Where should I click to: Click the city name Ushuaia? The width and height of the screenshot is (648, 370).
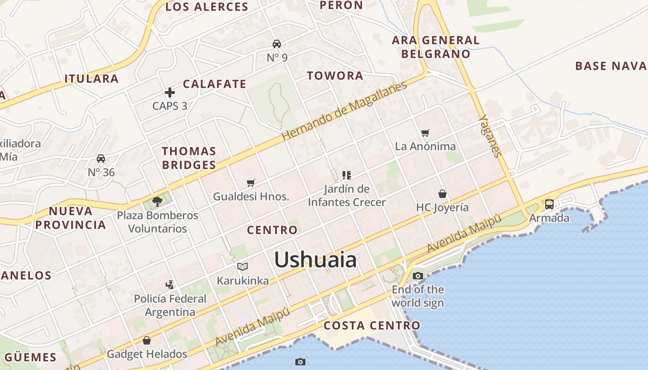click(316, 260)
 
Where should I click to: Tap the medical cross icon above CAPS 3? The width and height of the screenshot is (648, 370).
click(170, 92)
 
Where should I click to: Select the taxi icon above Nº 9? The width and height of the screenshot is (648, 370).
click(277, 44)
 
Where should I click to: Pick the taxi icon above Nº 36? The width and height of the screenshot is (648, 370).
click(101, 159)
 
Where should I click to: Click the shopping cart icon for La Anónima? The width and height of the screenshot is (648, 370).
click(425, 133)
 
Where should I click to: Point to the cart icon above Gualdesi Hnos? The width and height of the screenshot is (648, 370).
click(251, 183)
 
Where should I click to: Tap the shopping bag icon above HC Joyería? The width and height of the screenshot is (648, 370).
click(442, 194)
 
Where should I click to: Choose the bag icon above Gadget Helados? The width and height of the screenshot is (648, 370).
click(147, 341)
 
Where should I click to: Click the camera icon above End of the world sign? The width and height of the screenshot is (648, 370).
click(417, 276)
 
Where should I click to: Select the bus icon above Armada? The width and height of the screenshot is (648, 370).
click(549, 204)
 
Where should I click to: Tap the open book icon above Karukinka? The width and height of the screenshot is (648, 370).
click(243, 266)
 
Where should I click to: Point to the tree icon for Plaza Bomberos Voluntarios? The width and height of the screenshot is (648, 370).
click(157, 201)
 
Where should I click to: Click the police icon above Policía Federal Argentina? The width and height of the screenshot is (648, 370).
click(170, 284)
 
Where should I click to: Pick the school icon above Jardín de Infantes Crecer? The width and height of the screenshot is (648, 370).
click(347, 175)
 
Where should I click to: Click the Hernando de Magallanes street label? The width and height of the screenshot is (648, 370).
click(344, 111)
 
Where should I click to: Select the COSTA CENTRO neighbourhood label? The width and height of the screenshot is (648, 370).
click(372, 326)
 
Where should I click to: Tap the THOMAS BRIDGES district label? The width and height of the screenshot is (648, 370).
click(189, 158)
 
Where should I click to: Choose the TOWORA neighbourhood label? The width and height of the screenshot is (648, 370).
click(335, 76)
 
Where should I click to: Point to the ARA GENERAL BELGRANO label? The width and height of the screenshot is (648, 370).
click(436, 47)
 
